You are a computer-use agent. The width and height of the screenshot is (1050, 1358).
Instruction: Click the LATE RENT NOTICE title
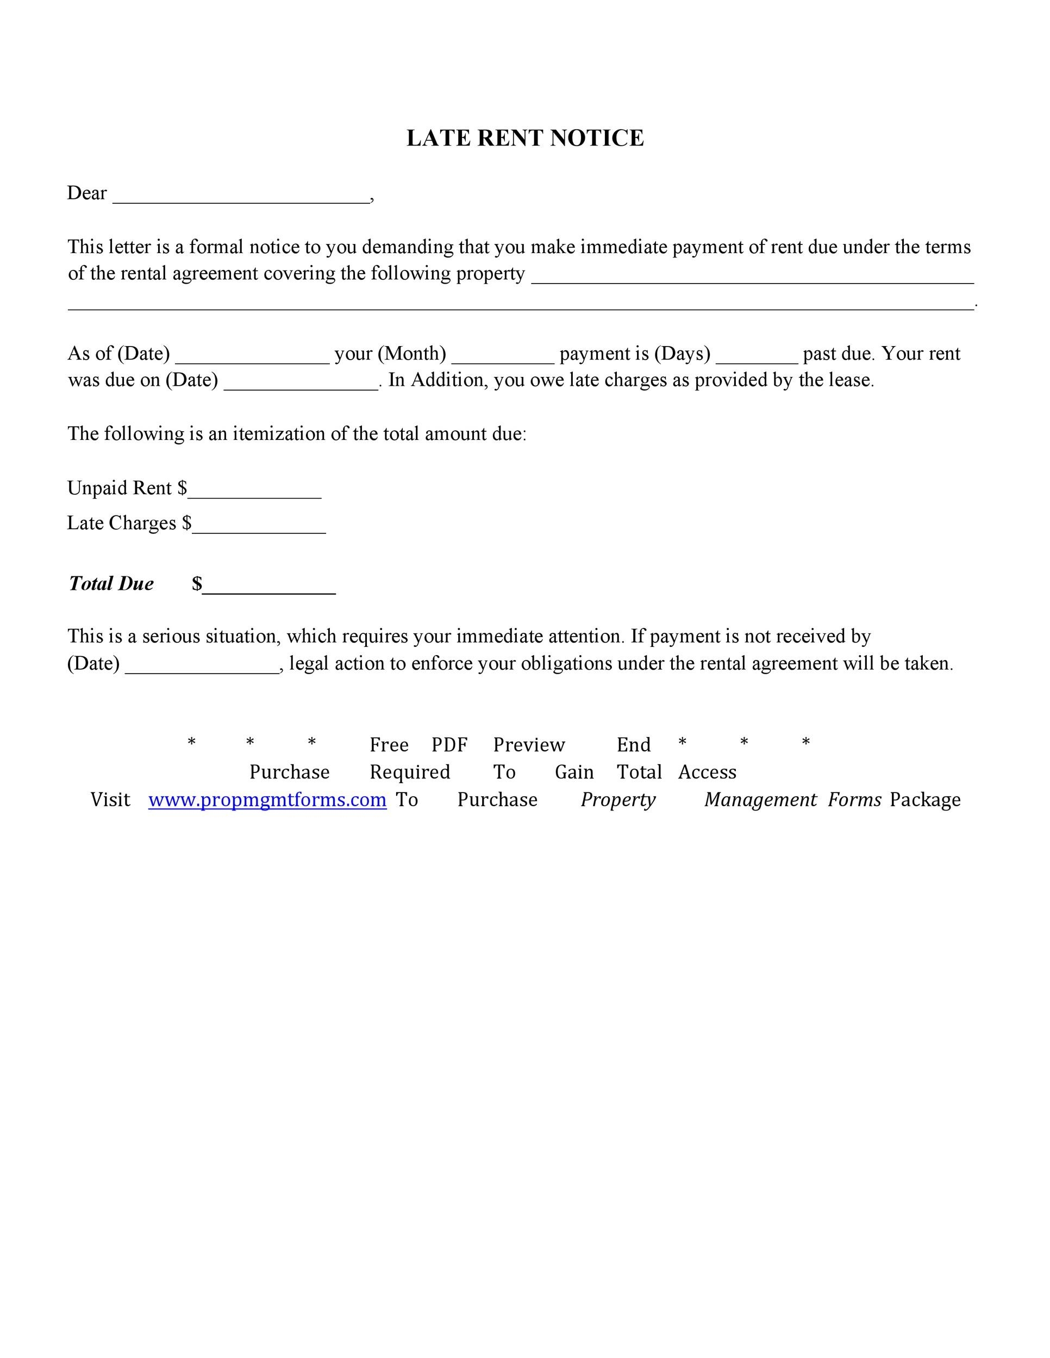[524, 138]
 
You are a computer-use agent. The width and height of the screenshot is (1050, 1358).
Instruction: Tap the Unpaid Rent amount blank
[254, 490]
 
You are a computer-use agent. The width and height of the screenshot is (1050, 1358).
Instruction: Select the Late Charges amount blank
[259, 525]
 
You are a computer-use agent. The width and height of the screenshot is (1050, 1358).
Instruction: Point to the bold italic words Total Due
[111, 583]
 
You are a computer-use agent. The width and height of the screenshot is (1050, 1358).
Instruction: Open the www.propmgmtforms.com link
[267, 799]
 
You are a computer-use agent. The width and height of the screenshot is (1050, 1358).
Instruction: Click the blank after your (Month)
[503, 356]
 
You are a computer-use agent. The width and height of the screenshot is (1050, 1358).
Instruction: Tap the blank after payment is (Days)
[757, 356]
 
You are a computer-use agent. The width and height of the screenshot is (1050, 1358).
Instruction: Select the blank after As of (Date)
[252, 356]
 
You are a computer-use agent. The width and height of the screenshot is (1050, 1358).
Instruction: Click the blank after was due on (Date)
[301, 382]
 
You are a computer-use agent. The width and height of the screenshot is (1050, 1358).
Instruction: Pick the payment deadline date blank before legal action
[202, 665]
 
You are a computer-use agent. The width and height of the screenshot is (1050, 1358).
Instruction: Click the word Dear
[86, 193]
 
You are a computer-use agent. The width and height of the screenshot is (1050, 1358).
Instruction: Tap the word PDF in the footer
[449, 744]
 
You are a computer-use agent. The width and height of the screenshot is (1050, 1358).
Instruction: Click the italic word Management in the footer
[760, 799]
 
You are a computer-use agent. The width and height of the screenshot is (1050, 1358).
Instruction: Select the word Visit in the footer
[110, 799]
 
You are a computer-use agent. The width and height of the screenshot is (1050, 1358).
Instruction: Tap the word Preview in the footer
[529, 744]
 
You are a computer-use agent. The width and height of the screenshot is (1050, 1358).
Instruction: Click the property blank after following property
[752, 276]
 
